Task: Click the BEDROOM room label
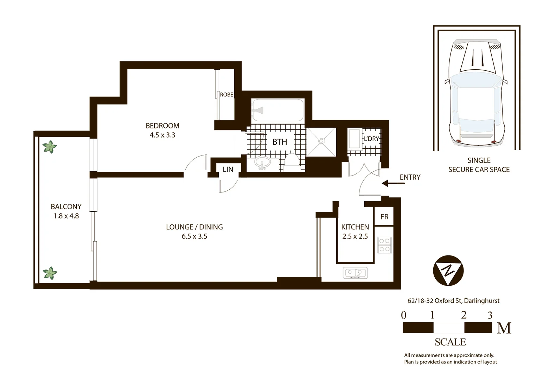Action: click(x=162, y=126)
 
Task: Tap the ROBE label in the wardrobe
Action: click(x=226, y=95)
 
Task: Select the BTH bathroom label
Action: click(x=280, y=142)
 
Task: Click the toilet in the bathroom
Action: click(x=291, y=161)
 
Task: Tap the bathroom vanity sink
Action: click(x=262, y=163)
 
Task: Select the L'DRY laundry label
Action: click(x=371, y=139)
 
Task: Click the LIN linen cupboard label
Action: click(x=228, y=169)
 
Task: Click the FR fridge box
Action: click(x=384, y=217)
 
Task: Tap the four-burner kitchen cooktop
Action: click(x=384, y=245)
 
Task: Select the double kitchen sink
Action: click(x=355, y=273)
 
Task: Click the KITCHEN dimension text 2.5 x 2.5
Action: click(x=355, y=236)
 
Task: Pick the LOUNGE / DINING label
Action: click(x=194, y=227)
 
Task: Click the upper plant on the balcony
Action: click(x=50, y=147)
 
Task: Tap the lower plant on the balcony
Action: click(x=50, y=273)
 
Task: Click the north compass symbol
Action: click(x=448, y=270)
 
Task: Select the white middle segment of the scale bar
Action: click(x=449, y=328)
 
